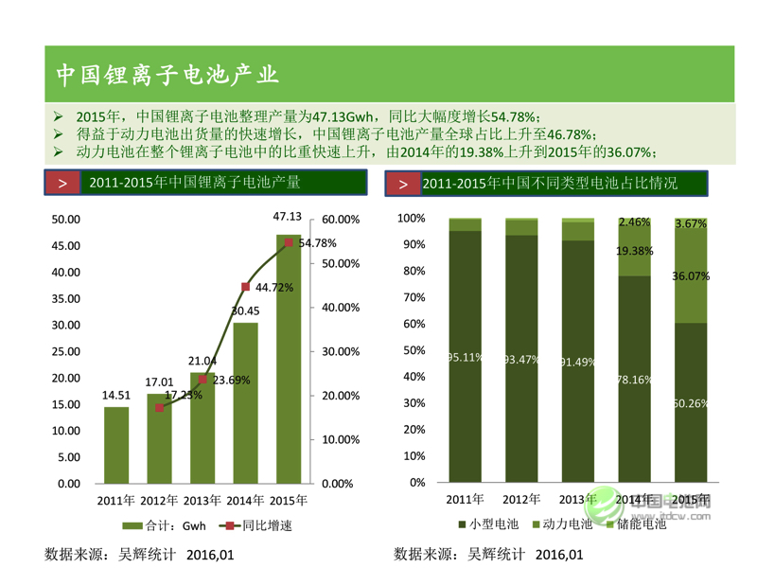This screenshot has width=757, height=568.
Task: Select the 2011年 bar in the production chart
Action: tap(116, 445)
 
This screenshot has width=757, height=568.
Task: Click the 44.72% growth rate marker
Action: tap(245, 286)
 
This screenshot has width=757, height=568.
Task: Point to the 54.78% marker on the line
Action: tap(288, 242)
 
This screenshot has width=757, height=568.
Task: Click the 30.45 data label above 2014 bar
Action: tap(245, 311)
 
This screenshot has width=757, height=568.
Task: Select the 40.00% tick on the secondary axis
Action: tap(341, 308)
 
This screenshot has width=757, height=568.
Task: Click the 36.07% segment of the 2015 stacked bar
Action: tap(691, 276)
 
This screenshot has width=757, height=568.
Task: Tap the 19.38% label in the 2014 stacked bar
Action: tap(634, 251)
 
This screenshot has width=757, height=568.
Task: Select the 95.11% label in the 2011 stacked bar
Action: tap(465, 357)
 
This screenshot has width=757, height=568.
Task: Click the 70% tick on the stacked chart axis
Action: tap(413, 297)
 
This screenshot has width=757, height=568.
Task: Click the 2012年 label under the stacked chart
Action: tap(521, 499)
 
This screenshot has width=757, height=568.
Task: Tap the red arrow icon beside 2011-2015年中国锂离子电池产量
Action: tap(62, 184)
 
